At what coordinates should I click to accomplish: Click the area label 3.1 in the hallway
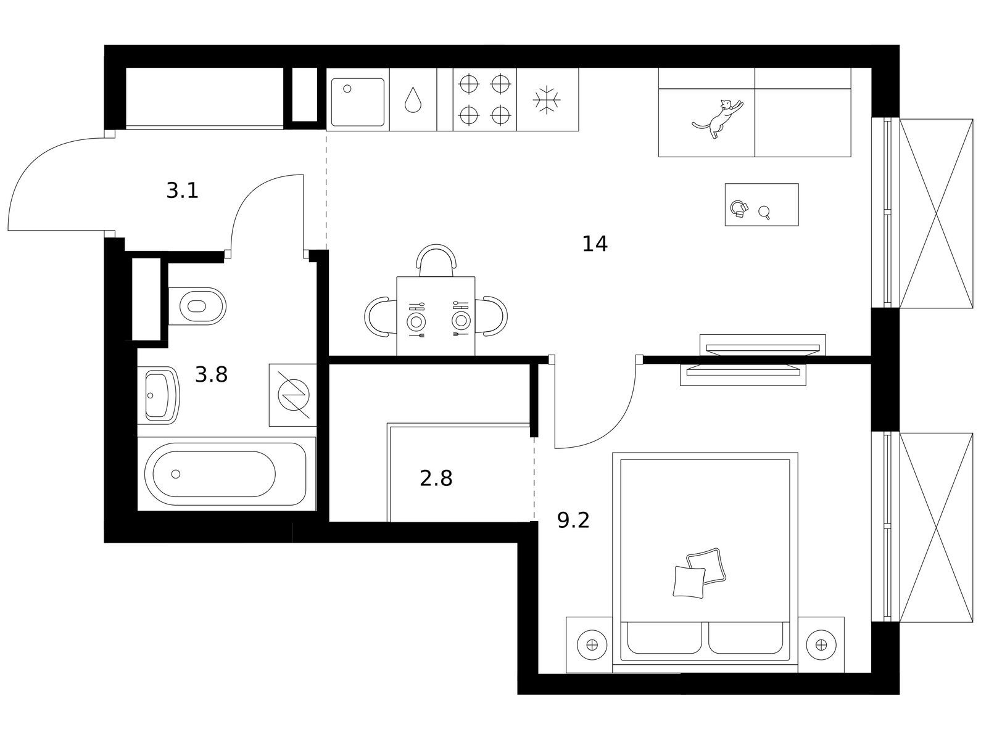click(182, 191)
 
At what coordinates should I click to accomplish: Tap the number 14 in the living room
click(594, 244)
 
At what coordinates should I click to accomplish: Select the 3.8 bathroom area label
click(212, 374)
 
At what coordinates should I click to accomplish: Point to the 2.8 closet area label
click(436, 479)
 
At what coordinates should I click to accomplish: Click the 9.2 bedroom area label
click(573, 520)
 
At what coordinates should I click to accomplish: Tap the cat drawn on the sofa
click(718, 118)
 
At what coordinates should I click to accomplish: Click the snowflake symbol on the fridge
click(547, 100)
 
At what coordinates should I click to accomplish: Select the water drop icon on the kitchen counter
click(413, 100)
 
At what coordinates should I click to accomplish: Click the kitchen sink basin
click(357, 102)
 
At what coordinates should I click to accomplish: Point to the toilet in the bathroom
click(197, 306)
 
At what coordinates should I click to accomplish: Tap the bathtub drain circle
click(176, 474)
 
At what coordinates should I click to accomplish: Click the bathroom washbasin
click(158, 395)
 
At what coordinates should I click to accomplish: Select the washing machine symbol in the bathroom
click(293, 395)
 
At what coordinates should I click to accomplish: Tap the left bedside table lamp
click(592, 645)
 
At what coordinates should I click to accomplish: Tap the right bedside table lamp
click(821, 645)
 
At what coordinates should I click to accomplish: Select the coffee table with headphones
click(761, 205)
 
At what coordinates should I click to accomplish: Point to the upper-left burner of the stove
click(469, 83)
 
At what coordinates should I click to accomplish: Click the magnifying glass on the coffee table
click(764, 212)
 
